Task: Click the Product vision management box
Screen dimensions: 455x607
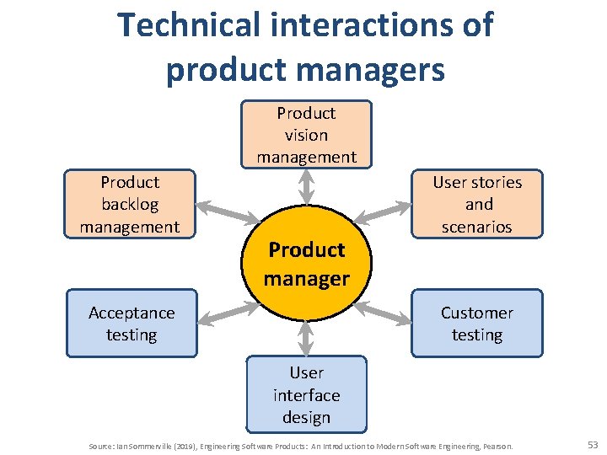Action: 306,135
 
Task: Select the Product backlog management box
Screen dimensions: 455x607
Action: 130,204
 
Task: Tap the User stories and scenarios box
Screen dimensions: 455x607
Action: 476,204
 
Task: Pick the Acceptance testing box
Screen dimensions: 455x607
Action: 131,324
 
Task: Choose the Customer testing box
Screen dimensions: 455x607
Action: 476,324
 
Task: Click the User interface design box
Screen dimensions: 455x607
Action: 306,394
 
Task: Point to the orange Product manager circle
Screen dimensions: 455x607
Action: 306,262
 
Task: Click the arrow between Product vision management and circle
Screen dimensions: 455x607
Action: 306,186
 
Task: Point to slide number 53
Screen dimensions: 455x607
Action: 591,444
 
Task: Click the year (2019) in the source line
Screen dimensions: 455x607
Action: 187,445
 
